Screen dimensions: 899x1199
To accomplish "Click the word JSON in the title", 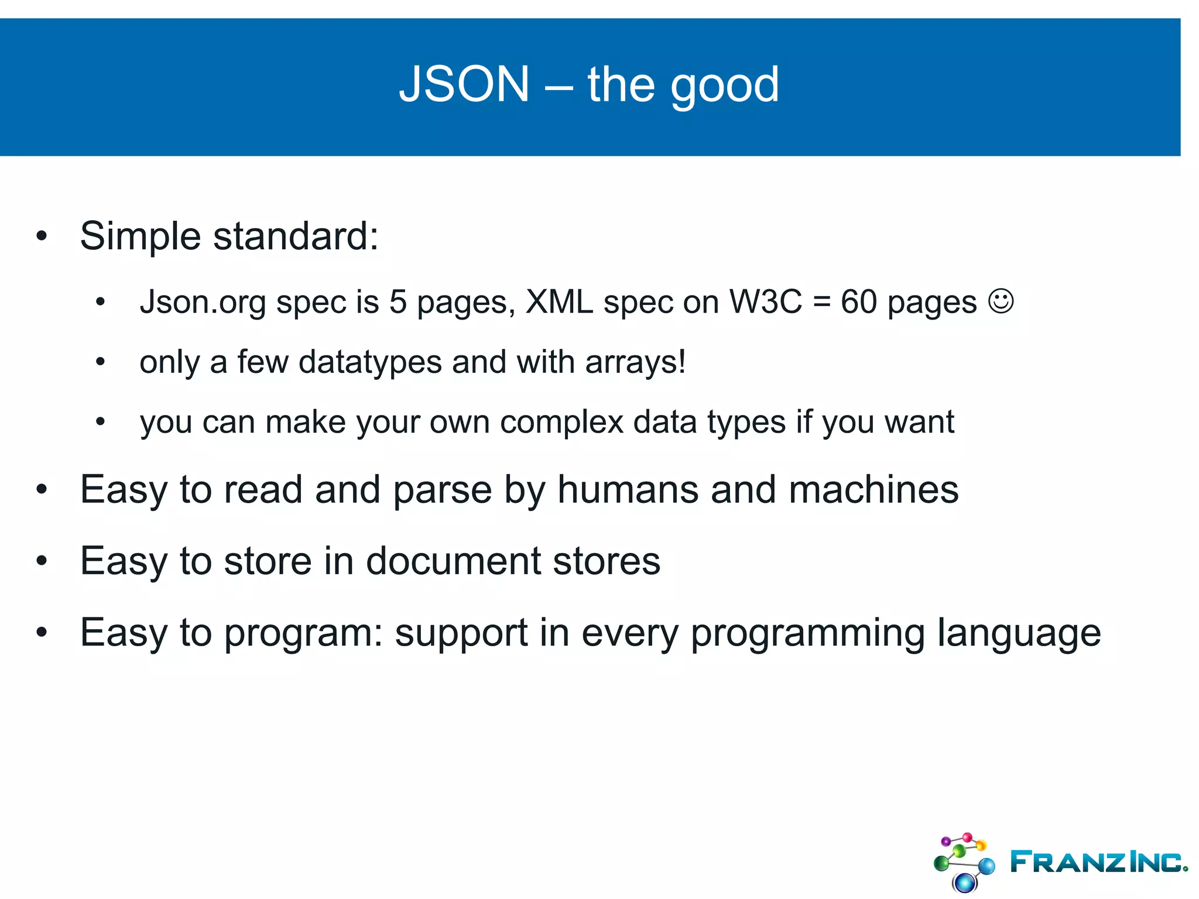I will (464, 84).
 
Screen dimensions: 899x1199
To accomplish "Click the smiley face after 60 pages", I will (1001, 301).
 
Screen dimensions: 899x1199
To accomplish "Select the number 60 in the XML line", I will (858, 302).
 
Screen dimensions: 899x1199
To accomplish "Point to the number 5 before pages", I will (398, 302).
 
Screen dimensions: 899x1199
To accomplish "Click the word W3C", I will (765, 302).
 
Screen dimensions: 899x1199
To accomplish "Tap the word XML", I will (559, 302).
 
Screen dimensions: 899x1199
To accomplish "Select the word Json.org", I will (203, 303).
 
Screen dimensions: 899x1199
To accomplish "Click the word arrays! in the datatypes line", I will (635, 363).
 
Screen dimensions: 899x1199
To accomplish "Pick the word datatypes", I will (370, 362).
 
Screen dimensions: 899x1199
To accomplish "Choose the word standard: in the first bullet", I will (296, 236).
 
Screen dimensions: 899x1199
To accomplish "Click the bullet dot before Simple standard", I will (41, 236).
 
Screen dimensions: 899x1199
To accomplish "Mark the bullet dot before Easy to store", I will (41, 561).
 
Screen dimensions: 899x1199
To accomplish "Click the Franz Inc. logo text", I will (1098, 862).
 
